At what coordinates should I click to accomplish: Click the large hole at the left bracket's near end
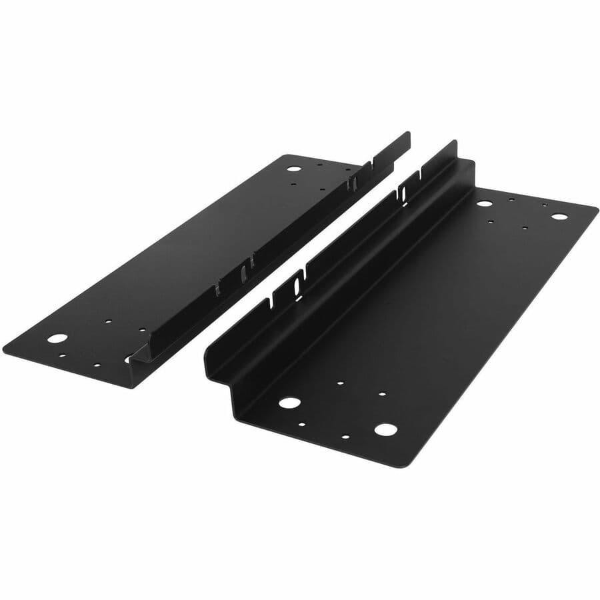57,338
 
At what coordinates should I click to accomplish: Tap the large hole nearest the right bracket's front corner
385,429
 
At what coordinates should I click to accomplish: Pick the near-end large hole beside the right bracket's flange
289,403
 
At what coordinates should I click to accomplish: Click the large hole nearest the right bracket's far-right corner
559,216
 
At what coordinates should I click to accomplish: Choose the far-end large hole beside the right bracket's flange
485,203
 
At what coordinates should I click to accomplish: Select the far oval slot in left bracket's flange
354,183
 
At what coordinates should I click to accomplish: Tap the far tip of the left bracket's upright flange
408,134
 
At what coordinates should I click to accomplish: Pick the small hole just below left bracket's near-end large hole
61,355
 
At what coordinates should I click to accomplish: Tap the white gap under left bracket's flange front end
128,360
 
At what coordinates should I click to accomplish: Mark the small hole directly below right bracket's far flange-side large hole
491,222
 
